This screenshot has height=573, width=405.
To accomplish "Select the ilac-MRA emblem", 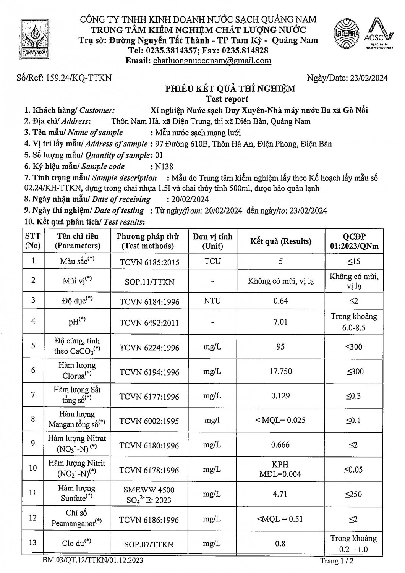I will pyautogui.click(x=347, y=35).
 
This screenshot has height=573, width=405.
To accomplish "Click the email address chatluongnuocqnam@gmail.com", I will pyautogui.click(x=212, y=60).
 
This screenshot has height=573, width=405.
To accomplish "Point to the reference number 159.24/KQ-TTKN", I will pyautogui.click(x=79, y=78).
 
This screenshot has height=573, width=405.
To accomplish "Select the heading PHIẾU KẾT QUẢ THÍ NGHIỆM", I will pyautogui.click(x=230, y=89).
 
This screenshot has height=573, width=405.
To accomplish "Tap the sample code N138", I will pyautogui.click(x=162, y=167).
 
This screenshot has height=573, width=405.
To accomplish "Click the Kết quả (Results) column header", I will pyautogui.click(x=281, y=241).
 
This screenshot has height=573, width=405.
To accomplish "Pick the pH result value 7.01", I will pyautogui.click(x=280, y=322).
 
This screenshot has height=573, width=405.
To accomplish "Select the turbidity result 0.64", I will pyautogui.click(x=280, y=301).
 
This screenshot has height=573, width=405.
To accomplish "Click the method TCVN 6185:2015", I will pyautogui.click(x=149, y=262).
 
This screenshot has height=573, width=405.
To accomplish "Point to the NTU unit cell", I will pyautogui.click(x=212, y=301).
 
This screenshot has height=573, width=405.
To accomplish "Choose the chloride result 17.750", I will pyautogui.click(x=280, y=371).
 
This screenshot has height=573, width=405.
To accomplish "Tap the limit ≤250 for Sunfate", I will pyautogui.click(x=353, y=494).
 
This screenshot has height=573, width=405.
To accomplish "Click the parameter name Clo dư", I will pyautogui.click(x=77, y=543).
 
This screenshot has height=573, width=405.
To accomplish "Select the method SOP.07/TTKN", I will pyautogui.click(x=149, y=544).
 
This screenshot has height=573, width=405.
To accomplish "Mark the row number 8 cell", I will pyautogui.click(x=33, y=419).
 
